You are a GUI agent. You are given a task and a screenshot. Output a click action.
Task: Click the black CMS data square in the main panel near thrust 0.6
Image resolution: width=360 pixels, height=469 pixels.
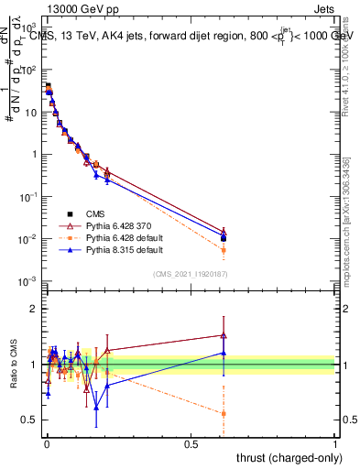(x=224, y=237)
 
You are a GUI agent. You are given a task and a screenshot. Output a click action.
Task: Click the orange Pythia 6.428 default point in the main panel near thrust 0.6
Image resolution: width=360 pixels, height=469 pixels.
(x=224, y=250)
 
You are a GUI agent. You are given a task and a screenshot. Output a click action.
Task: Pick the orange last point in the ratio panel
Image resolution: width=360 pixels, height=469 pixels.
(x=224, y=413)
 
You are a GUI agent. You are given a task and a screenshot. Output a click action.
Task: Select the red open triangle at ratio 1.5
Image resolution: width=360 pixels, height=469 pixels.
(x=224, y=335)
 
